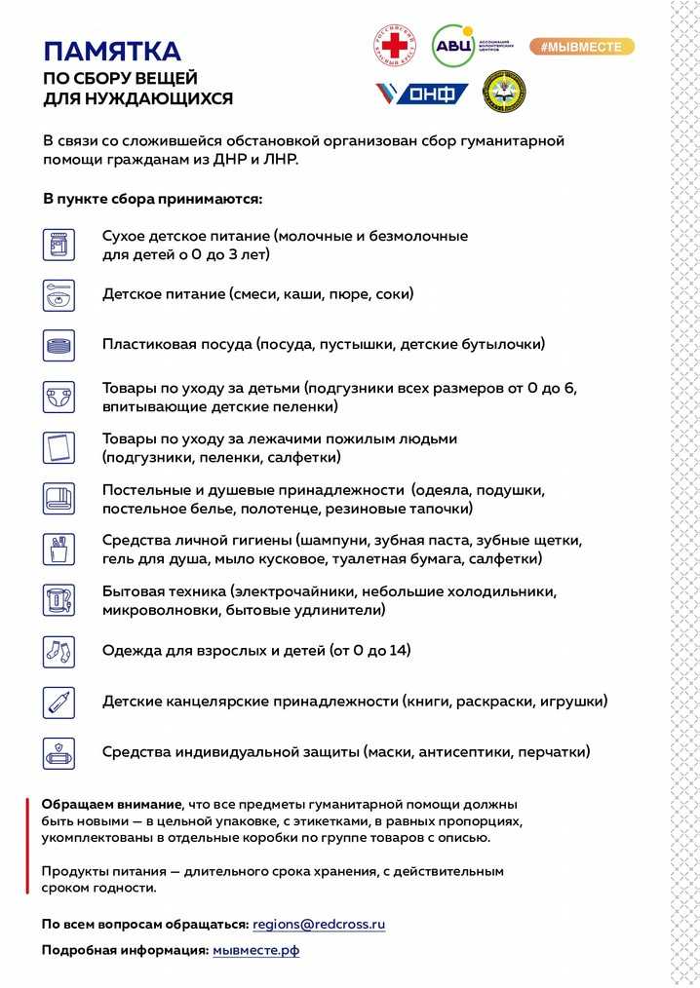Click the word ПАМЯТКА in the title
[x=111, y=51]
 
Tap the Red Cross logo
[x=395, y=46]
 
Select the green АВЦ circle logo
[x=453, y=46]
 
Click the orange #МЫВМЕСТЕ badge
[x=581, y=46]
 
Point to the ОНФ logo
[x=422, y=94]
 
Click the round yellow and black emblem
[x=504, y=92]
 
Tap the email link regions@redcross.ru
[x=319, y=924]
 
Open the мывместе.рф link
[x=255, y=950]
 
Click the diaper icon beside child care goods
[x=58, y=397]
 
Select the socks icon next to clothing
[x=58, y=650]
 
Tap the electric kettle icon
[x=58, y=599]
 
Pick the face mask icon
[x=58, y=752]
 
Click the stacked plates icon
[x=58, y=345]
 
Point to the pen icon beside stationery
[x=58, y=702]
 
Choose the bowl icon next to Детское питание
[x=58, y=294]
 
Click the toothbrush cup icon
[x=58, y=549]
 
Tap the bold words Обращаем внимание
[x=111, y=804]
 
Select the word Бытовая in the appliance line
[x=133, y=591]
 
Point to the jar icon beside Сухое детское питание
[x=58, y=244]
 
